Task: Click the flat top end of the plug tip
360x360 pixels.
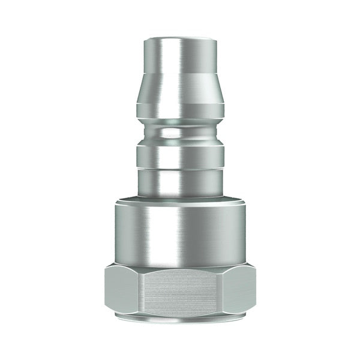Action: [180, 40]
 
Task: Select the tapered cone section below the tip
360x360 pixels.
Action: [180, 90]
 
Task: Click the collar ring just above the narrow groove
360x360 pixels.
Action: [180, 110]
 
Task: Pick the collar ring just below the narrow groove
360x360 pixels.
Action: [180, 156]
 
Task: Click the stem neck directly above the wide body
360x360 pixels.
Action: [180, 183]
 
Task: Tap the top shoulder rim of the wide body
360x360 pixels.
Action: [180, 200]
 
